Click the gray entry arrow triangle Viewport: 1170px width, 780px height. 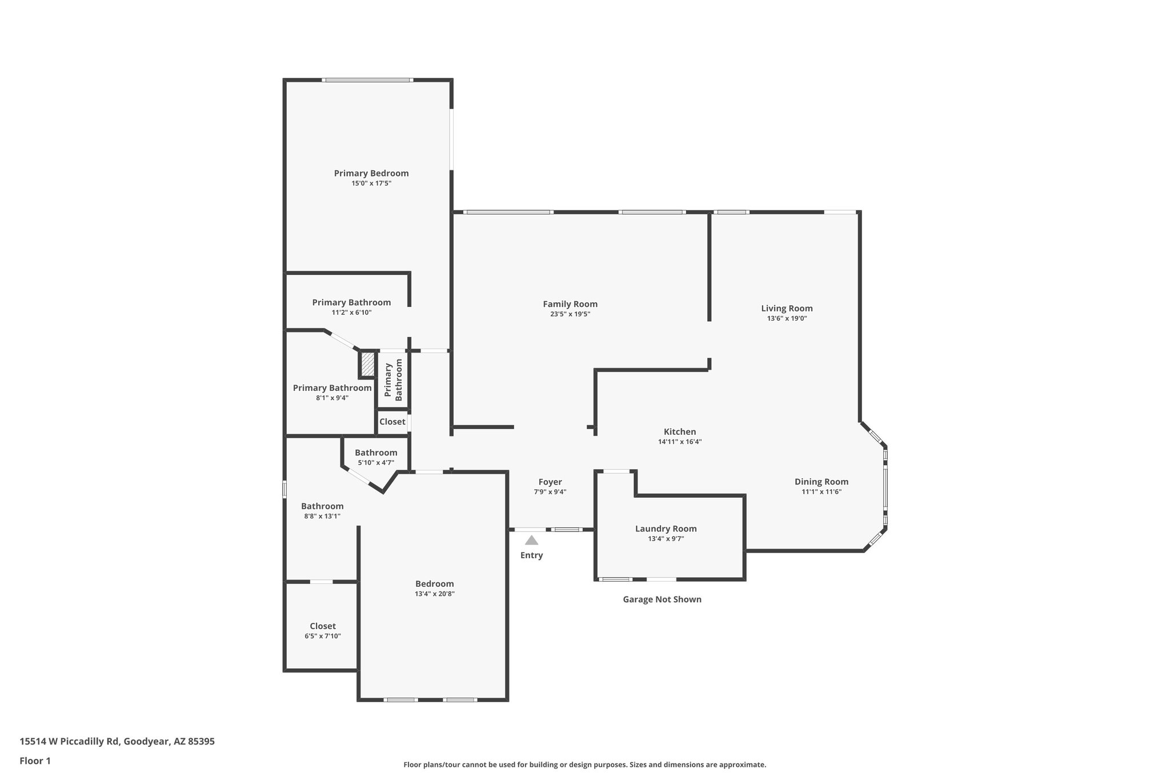pyautogui.click(x=531, y=541)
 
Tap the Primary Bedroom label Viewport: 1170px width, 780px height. pyautogui.click(x=371, y=173)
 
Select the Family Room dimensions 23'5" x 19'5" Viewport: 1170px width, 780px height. pyautogui.click(x=570, y=314)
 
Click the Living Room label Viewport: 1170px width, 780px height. pyautogui.click(x=787, y=309)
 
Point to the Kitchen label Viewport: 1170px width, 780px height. pyautogui.click(x=680, y=432)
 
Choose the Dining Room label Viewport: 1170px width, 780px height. pyautogui.click(x=822, y=482)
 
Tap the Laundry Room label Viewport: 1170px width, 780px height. pyautogui.click(x=666, y=529)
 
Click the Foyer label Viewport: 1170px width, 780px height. pyautogui.click(x=550, y=482)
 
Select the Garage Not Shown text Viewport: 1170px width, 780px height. pyautogui.click(x=662, y=599)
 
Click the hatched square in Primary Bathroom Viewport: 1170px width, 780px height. pyautogui.click(x=368, y=364)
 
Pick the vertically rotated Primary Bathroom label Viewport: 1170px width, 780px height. pyautogui.click(x=393, y=380)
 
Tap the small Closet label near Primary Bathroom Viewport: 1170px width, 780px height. pyautogui.click(x=392, y=422)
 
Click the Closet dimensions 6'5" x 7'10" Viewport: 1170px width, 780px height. pyautogui.click(x=323, y=636)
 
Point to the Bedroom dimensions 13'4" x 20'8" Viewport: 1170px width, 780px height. pyautogui.click(x=435, y=594)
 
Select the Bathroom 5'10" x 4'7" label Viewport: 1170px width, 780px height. pyautogui.click(x=376, y=453)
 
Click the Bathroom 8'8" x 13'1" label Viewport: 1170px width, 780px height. pyautogui.click(x=322, y=506)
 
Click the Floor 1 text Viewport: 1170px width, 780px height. pyautogui.click(x=35, y=761)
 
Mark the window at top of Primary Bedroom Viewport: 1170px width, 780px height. pyautogui.click(x=367, y=80)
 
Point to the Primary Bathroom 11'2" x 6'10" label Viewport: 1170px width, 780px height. pyautogui.click(x=351, y=302)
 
